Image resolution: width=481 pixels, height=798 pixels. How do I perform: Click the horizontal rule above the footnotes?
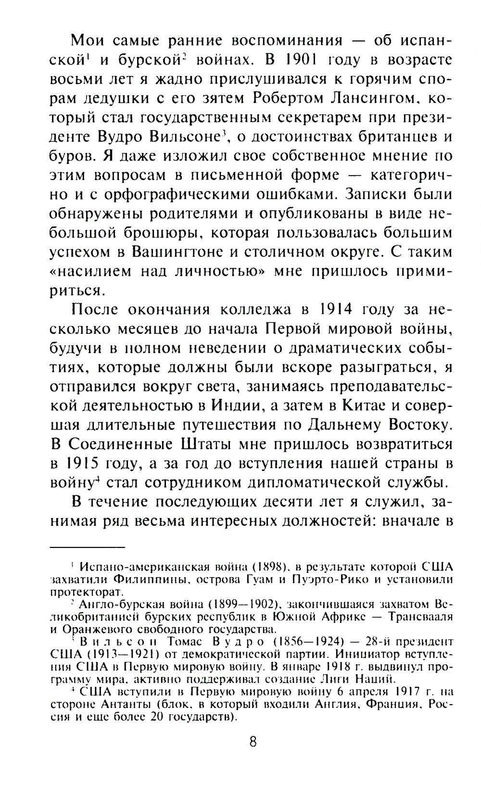tap(87, 547)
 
